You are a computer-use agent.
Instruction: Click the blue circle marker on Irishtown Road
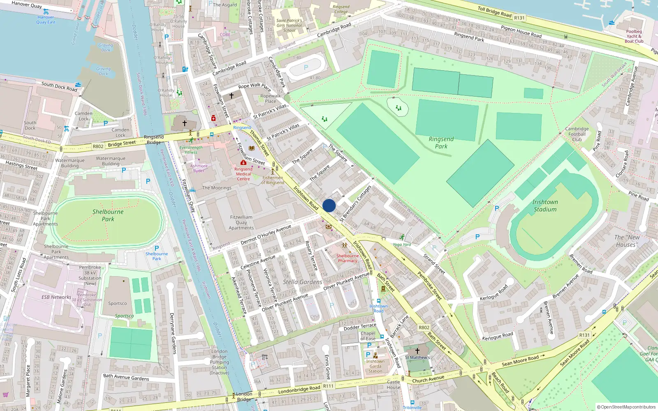pos(329,205)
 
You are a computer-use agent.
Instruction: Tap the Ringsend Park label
pos(441,143)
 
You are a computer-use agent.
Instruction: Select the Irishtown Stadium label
pos(545,205)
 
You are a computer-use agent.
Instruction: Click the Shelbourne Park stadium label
pos(108,215)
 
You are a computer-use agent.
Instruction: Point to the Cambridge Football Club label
pos(577,134)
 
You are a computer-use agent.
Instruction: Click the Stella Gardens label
pos(302,282)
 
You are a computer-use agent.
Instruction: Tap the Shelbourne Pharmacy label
pos(347,258)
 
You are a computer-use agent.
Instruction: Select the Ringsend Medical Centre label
pos(243,174)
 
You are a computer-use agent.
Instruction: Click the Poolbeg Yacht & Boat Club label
pos(634,36)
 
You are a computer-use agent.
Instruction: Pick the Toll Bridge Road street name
pos(494,11)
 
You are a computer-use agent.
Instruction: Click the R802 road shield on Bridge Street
pos(98,146)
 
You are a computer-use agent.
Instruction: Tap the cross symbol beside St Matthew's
pos(417,351)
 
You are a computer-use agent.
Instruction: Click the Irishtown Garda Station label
pos(375,366)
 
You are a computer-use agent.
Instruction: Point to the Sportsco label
pos(117,303)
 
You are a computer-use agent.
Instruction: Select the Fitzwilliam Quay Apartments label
pos(241,222)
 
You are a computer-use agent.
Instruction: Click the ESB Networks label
pos(56,297)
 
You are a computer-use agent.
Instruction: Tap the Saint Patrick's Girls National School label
pos(289,25)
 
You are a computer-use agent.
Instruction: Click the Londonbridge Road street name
pos(299,389)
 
